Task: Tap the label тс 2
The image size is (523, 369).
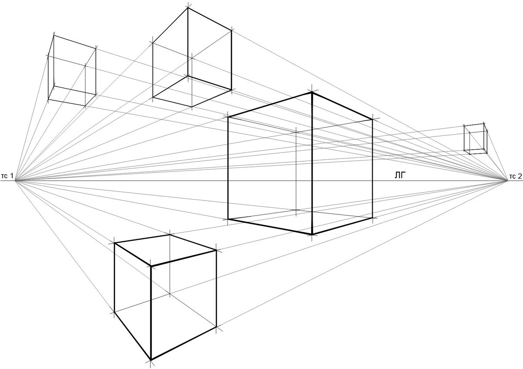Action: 515,176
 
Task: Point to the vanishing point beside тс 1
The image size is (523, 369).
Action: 15,180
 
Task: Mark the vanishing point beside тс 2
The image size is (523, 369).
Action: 508,180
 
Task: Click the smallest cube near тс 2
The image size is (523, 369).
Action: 475,139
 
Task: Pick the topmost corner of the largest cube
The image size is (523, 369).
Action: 312,92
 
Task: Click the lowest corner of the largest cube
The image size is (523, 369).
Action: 312,234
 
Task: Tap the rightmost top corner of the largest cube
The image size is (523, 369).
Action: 373,119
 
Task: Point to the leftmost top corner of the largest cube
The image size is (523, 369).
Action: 228,117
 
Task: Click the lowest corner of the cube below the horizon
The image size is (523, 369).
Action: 151,360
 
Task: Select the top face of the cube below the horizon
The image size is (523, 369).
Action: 165,250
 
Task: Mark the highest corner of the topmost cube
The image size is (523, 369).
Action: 188,8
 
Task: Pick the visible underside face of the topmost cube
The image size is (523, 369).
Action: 192,91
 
